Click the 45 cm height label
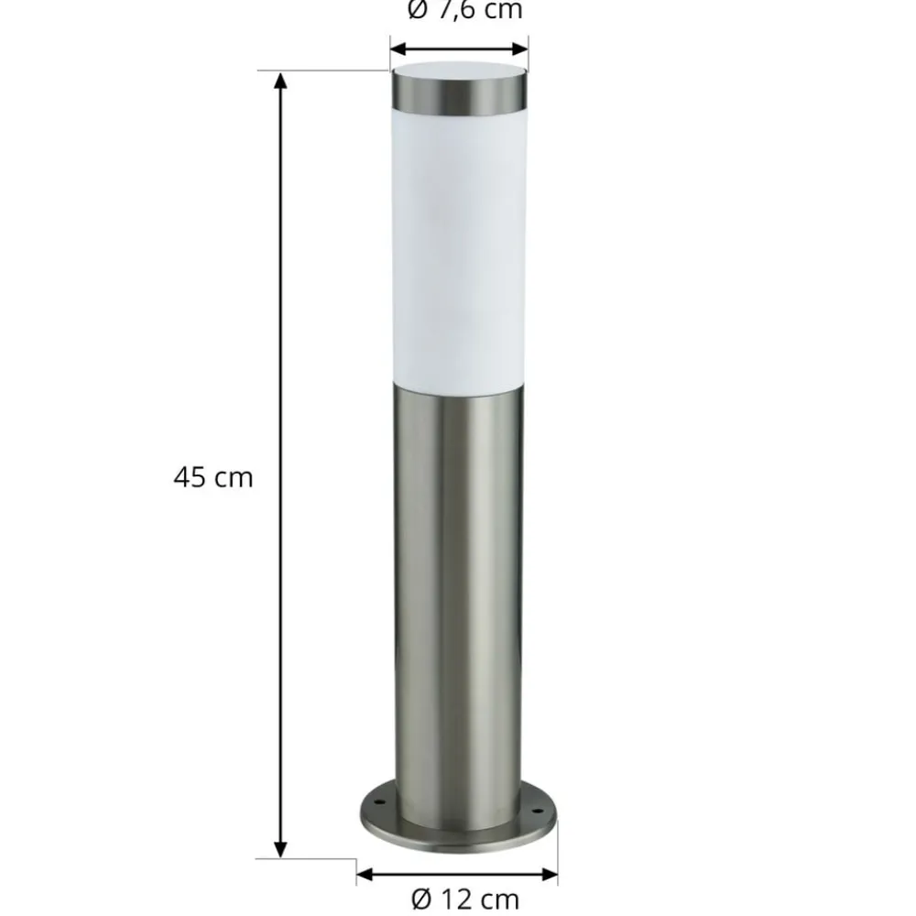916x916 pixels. tap(213, 477)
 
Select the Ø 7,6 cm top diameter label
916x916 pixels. tap(463, 11)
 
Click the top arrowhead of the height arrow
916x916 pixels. tap(281, 80)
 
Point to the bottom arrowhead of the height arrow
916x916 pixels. tap(281, 849)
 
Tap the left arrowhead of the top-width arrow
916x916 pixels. tap(398, 49)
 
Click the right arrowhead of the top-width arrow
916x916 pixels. tap(522, 49)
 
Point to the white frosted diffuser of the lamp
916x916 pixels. tap(459, 247)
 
